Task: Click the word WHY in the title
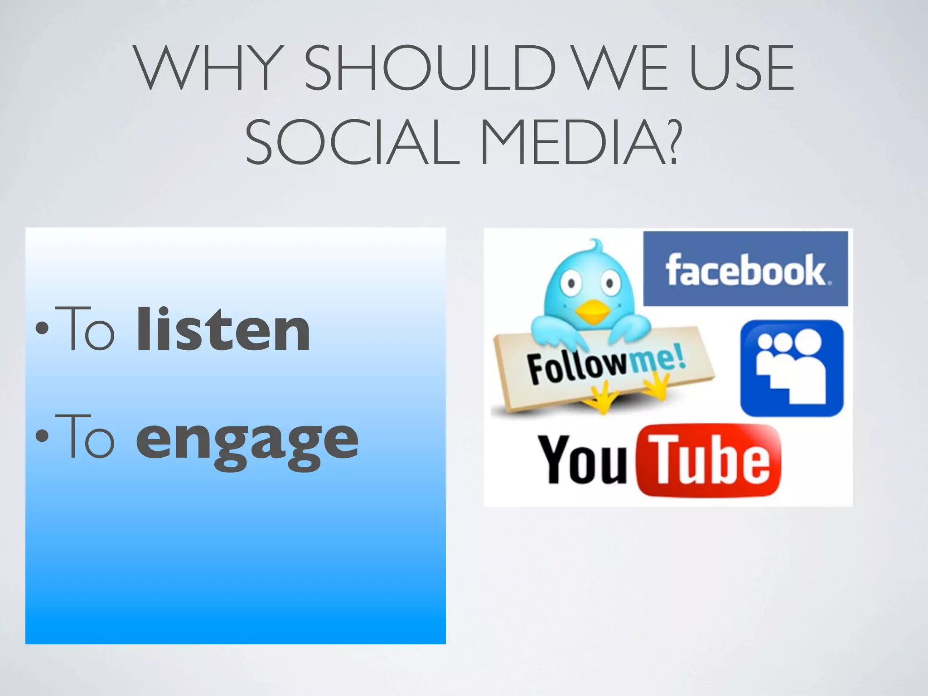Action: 206,68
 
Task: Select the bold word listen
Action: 223,329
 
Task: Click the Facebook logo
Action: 745,269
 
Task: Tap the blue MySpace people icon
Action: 792,368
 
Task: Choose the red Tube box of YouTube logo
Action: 709,460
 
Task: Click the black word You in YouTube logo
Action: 583,459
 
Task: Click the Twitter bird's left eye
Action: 572,284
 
